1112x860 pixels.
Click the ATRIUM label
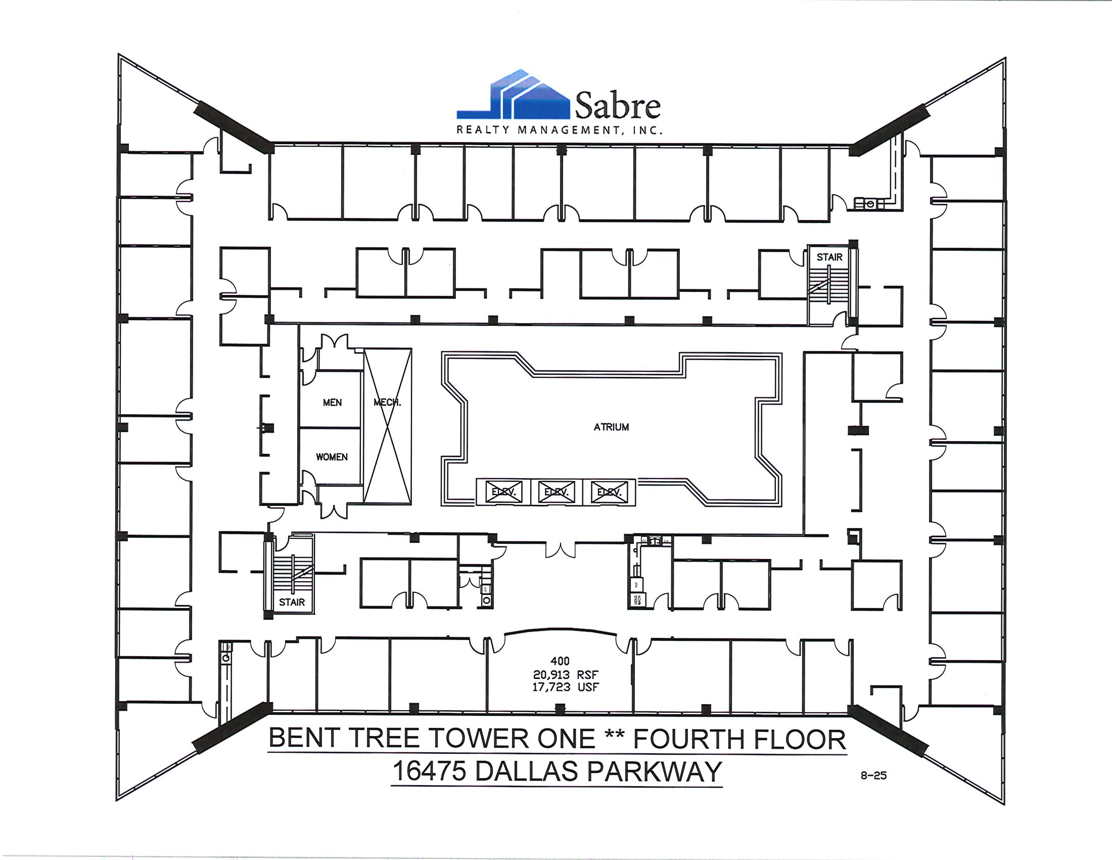(611, 427)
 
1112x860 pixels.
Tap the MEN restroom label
(332, 403)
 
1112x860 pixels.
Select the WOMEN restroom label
(332, 457)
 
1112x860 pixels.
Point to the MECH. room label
(387, 403)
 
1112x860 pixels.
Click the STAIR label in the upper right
(829, 257)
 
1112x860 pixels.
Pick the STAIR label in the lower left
(292, 602)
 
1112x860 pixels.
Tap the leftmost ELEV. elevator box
(503, 492)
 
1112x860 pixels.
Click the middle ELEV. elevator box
(556, 492)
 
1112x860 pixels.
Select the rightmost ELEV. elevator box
(609, 492)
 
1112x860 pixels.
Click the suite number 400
(560, 661)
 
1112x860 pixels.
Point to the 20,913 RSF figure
(566, 674)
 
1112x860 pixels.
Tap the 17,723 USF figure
(566, 687)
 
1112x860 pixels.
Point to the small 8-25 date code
(874, 776)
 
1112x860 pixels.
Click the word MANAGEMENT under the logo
(570, 131)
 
